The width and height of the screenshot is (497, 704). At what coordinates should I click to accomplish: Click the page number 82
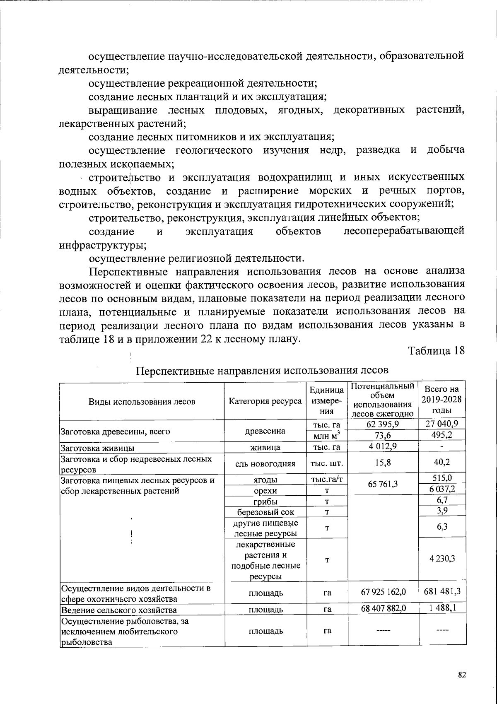pos(462,675)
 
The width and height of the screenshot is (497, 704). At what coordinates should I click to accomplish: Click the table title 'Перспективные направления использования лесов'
pos(262,370)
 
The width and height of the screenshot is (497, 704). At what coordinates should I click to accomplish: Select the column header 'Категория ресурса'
pos(265,401)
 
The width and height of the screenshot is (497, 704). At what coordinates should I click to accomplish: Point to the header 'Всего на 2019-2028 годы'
pos(442,400)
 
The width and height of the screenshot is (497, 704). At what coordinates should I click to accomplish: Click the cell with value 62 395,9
pos(383,424)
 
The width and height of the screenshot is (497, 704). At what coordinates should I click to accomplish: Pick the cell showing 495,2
pos(442,435)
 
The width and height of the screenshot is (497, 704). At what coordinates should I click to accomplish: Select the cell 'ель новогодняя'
pos(265,463)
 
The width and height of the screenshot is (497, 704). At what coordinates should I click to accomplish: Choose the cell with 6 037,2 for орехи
pos(442,490)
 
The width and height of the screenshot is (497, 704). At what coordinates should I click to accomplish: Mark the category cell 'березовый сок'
pos(265,512)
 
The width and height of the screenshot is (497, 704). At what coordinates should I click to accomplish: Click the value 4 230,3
pos(442,559)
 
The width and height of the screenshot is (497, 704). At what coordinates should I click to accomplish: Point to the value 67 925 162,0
pos(383,592)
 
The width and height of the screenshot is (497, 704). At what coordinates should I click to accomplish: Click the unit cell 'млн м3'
pos(327,435)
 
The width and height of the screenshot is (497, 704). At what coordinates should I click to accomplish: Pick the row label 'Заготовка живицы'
pos(97,448)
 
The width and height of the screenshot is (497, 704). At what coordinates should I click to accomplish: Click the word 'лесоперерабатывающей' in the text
pos(404,231)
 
